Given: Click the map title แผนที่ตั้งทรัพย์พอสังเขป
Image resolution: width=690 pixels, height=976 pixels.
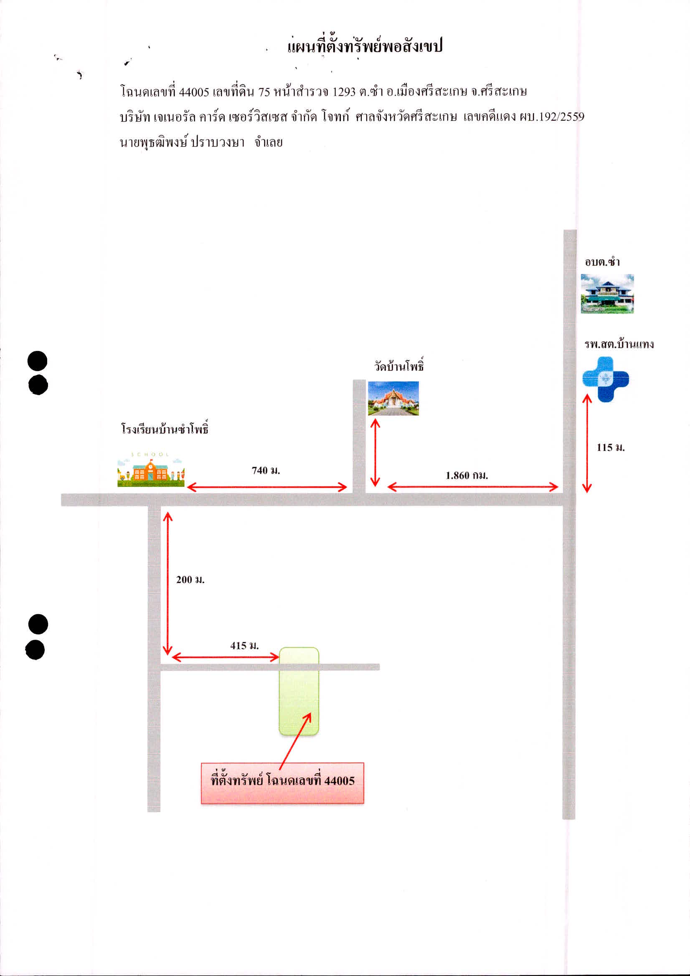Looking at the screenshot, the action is pyautogui.click(x=365, y=46).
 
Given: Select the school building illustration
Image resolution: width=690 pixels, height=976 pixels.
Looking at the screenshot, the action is pyautogui.click(x=151, y=469).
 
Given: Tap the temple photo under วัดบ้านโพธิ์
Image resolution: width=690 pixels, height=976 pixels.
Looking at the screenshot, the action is pyautogui.click(x=393, y=398).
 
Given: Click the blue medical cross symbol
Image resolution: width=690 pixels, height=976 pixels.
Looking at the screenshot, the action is pyautogui.click(x=606, y=380).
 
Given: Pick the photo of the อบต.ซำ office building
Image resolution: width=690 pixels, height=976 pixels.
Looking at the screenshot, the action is pyautogui.click(x=607, y=294).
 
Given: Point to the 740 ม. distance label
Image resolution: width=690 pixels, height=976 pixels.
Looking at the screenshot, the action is pyautogui.click(x=266, y=470).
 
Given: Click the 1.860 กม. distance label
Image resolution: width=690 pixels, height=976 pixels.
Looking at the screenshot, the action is pyautogui.click(x=467, y=475).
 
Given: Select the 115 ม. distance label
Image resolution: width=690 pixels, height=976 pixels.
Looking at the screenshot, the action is pyautogui.click(x=611, y=447).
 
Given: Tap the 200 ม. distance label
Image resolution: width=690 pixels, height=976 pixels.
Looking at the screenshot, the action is pyautogui.click(x=190, y=580).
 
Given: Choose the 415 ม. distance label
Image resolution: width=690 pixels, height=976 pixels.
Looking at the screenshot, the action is pyautogui.click(x=244, y=646).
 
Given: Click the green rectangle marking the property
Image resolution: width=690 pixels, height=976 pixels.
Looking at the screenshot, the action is pyautogui.click(x=299, y=691).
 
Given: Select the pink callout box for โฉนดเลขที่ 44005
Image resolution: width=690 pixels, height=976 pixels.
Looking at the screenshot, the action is pyautogui.click(x=282, y=783).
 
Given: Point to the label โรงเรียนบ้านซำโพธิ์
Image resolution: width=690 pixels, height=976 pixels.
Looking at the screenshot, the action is pyautogui.click(x=165, y=429).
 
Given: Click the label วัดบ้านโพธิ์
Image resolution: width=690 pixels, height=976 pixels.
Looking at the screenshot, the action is pyautogui.click(x=399, y=365).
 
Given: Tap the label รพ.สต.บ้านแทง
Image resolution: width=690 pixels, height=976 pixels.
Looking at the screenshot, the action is pyautogui.click(x=619, y=344).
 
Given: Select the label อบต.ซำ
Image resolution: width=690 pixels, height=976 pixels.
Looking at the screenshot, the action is pyautogui.click(x=602, y=262).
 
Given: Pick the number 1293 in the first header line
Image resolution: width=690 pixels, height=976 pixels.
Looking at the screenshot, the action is pyautogui.click(x=344, y=92).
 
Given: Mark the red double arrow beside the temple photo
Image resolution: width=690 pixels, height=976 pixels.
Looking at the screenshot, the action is pyautogui.click(x=375, y=452).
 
